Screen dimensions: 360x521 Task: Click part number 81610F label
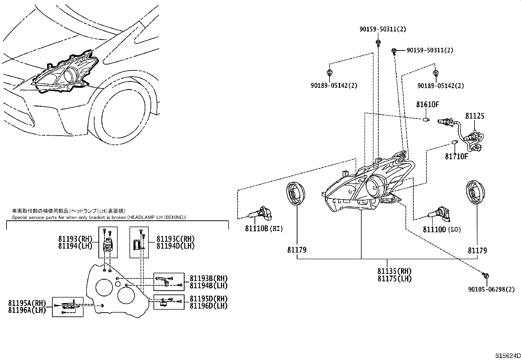427,104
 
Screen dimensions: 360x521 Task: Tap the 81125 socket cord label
475,116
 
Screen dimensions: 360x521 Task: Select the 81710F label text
456,156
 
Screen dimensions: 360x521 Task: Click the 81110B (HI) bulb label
264,228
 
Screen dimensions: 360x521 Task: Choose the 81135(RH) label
394,271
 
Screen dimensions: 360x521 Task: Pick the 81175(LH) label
394,279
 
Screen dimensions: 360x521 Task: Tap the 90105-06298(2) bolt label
491,289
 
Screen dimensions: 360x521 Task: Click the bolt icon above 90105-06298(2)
486,275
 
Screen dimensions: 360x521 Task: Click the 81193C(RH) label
175,239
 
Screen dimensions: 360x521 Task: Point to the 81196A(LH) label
27,310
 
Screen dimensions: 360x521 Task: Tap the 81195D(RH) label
208,299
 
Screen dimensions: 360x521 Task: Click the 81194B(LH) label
208,286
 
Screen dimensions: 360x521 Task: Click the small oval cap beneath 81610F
426,120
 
